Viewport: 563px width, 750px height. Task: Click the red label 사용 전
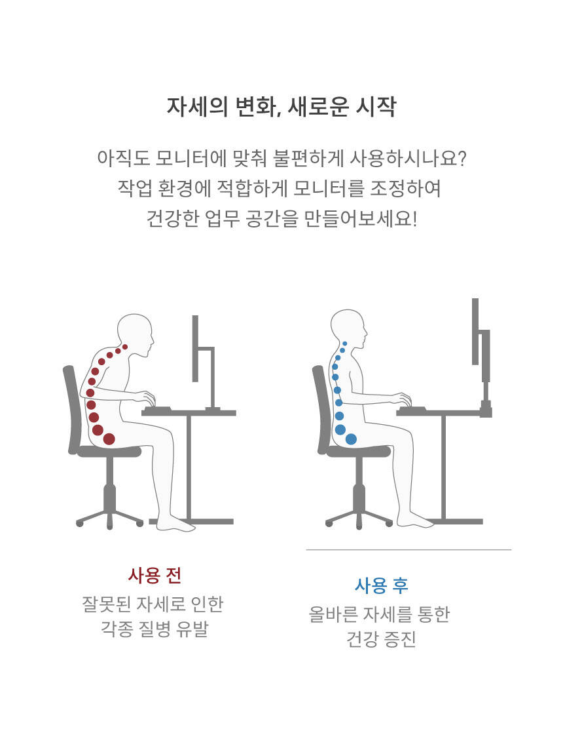(154, 575)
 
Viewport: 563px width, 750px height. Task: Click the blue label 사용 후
(381, 585)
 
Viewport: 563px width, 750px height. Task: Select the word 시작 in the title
(376, 106)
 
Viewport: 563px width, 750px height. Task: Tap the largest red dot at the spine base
(109, 439)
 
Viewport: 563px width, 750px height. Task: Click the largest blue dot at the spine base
(351, 439)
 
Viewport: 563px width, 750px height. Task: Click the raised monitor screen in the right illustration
(475, 332)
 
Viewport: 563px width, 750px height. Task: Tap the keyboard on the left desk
(157, 408)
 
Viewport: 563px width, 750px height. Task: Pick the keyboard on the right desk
(412, 409)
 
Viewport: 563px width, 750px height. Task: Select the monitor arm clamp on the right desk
(486, 410)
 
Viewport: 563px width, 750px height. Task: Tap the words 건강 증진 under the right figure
(381, 639)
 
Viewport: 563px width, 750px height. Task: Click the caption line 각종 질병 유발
(154, 629)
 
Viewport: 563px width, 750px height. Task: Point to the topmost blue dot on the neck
(345, 344)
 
